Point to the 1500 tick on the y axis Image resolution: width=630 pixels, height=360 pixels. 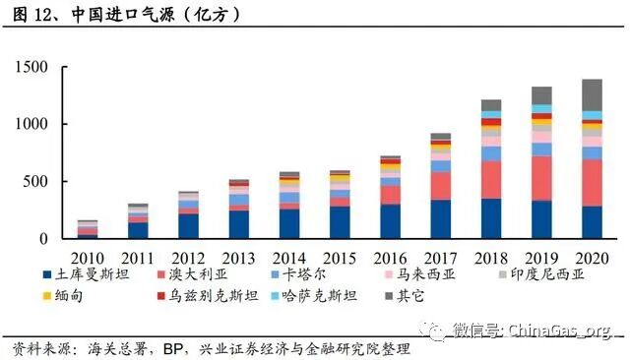pos(31,67)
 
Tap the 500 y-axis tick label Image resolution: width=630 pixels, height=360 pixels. pos(35,182)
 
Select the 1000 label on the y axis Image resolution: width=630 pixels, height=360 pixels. pos(31,124)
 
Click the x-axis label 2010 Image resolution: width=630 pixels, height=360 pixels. pos(87,257)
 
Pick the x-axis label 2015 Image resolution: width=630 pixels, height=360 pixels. pos(339,257)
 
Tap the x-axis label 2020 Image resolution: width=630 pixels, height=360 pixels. pos(592,257)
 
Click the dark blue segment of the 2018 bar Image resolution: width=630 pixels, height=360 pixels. pos(491,218)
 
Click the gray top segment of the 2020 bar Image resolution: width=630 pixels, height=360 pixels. pos(592,94)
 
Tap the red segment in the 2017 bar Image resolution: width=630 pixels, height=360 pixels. pos(440,186)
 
